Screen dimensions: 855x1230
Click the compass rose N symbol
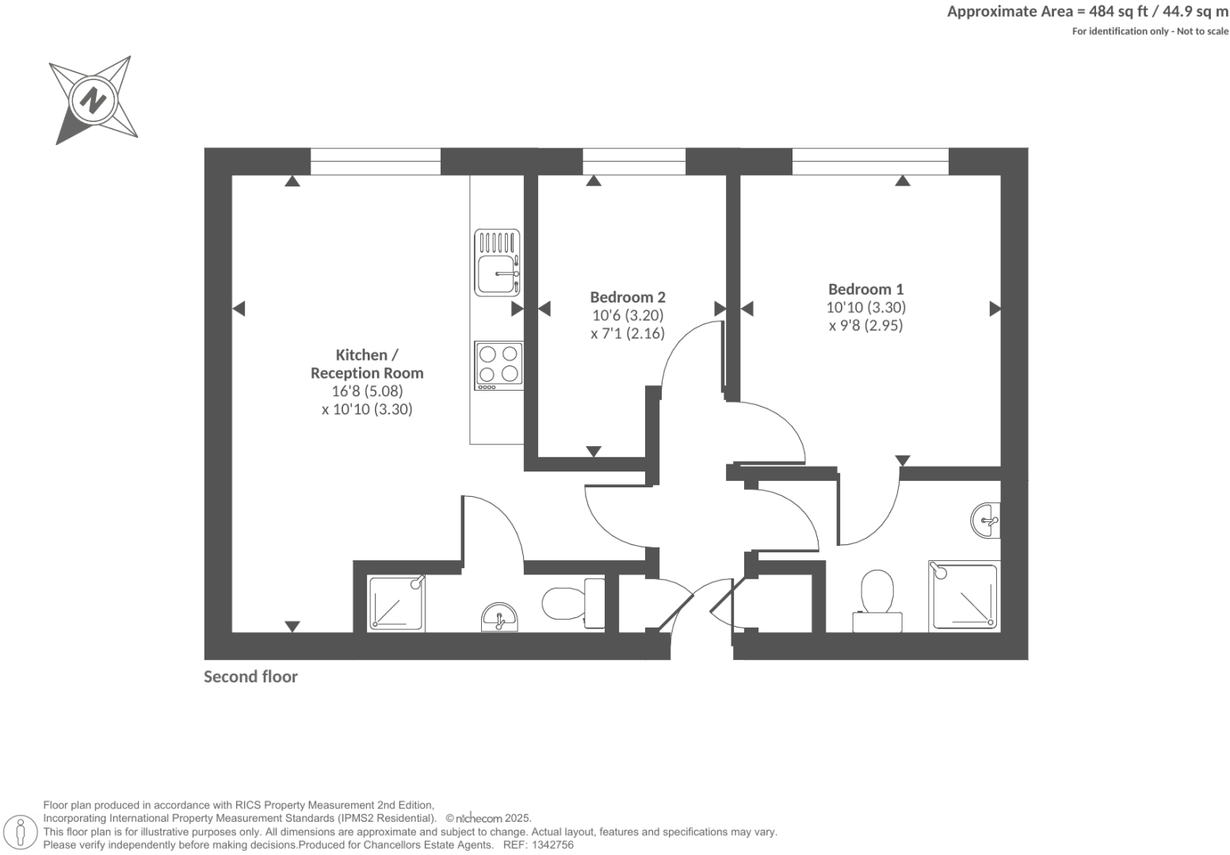pyautogui.click(x=94, y=101)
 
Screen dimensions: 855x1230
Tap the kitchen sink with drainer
pyautogui.click(x=498, y=261)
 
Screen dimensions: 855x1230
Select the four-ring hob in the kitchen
pyautogui.click(x=498, y=365)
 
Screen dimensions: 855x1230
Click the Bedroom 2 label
pyautogui.click(x=628, y=297)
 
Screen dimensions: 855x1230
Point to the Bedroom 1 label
pyautogui.click(x=865, y=289)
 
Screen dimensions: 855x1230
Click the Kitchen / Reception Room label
pyautogui.click(x=367, y=364)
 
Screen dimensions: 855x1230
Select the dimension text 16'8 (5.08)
pyautogui.click(x=367, y=391)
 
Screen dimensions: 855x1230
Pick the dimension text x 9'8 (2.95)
pyautogui.click(x=865, y=326)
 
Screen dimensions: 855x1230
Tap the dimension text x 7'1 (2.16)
pyautogui.click(x=628, y=334)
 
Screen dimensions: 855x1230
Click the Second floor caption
pyautogui.click(x=250, y=677)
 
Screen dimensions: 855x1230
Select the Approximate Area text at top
pyautogui.click(x=1087, y=11)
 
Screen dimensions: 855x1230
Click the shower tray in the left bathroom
pyautogui.click(x=396, y=604)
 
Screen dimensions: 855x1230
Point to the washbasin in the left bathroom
pyautogui.click(x=500, y=618)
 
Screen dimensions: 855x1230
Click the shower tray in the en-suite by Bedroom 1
pyautogui.click(x=964, y=597)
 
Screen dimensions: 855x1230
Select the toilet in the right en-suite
pyautogui.click(x=877, y=601)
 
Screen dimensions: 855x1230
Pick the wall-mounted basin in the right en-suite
pyautogui.click(x=986, y=521)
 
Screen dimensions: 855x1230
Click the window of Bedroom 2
pyautogui.click(x=634, y=162)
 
